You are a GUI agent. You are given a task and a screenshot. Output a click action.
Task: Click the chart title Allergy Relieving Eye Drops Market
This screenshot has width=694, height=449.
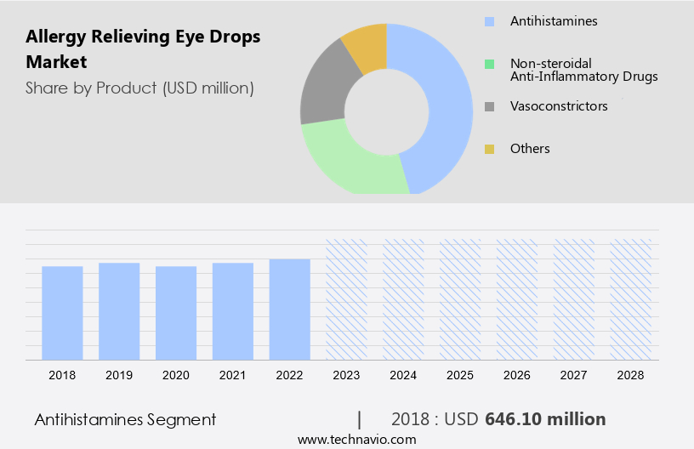point(143,48)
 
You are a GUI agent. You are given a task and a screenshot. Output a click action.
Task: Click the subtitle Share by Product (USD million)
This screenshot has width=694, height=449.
point(139,88)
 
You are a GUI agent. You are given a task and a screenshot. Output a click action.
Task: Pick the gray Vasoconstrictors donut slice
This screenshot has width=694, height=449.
point(323,94)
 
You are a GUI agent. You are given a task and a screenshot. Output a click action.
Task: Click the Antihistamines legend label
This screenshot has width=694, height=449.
point(553,20)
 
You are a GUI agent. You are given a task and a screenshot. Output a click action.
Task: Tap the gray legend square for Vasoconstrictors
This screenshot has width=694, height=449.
point(489,106)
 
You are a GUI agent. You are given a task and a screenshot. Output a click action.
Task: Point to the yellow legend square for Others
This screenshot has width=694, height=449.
point(489,149)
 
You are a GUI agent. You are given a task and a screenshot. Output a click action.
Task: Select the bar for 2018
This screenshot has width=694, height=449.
point(62,313)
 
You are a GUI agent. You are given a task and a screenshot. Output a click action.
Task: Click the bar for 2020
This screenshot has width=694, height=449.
point(176,313)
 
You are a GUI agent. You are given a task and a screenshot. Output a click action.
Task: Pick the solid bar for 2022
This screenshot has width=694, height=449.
point(290,310)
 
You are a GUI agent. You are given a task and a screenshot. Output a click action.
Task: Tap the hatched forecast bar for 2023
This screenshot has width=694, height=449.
point(347,299)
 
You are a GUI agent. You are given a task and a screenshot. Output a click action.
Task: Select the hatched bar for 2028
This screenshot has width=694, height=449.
point(631,299)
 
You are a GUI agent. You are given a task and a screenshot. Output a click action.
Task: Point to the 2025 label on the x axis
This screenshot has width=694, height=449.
point(460,374)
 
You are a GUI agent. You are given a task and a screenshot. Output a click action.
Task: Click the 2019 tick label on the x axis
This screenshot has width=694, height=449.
point(119,374)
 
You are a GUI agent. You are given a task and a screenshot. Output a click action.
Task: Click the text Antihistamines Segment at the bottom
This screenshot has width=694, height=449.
point(125,419)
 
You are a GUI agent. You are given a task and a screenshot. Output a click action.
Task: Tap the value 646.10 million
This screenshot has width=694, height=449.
point(545,419)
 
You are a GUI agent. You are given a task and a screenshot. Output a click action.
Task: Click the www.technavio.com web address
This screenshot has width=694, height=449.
point(356,439)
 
